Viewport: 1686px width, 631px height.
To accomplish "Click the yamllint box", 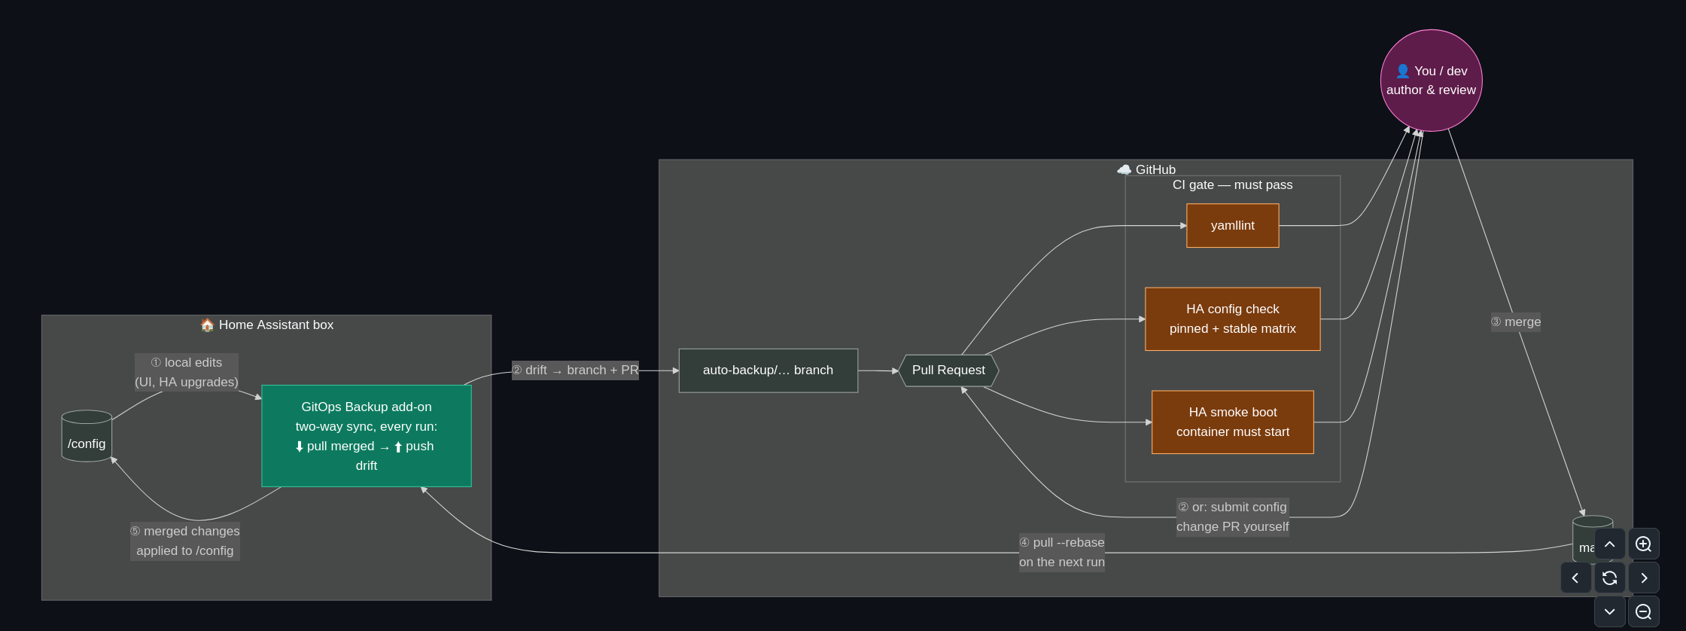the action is [x=1232, y=225].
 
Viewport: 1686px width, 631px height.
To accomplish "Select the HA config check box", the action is [x=1232, y=319].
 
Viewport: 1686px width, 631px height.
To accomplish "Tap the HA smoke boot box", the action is [x=1232, y=422].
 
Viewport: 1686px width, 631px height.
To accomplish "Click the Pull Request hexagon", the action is [x=948, y=370].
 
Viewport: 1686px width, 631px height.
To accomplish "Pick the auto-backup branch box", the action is [x=768, y=370].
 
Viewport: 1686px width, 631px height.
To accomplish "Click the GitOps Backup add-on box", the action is [x=366, y=436].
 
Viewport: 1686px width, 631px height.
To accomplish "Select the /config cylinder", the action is [x=87, y=436].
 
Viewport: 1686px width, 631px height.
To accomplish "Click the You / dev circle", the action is [x=1431, y=81].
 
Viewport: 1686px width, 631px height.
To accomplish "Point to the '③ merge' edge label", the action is [x=1515, y=322].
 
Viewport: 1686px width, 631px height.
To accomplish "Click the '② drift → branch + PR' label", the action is [x=575, y=370].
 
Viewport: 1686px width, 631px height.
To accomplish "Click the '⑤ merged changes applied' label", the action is [x=185, y=541].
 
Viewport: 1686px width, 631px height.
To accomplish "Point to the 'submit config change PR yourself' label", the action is [x=1232, y=517].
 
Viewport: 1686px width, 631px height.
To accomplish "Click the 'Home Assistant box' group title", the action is [x=267, y=325].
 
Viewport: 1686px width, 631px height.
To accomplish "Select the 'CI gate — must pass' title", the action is [x=1232, y=184].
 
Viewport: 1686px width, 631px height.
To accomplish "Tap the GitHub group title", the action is [x=1146, y=169].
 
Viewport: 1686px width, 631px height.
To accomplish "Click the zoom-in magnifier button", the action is [x=1643, y=544].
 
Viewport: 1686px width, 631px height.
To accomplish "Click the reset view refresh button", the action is [x=1609, y=578].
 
